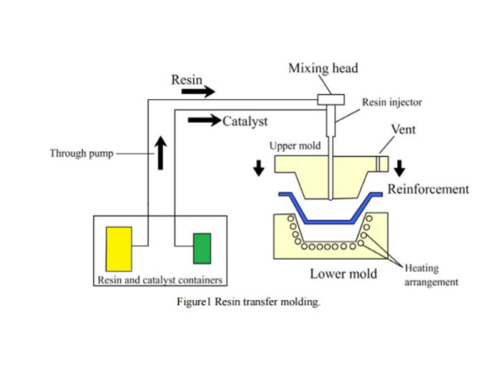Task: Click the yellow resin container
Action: point(118,248)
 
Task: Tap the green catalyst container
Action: point(202,248)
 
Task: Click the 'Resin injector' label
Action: point(391,102)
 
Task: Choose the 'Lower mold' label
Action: point(341,274)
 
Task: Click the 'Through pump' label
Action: point(81,154)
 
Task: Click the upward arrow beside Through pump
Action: point(160,152)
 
